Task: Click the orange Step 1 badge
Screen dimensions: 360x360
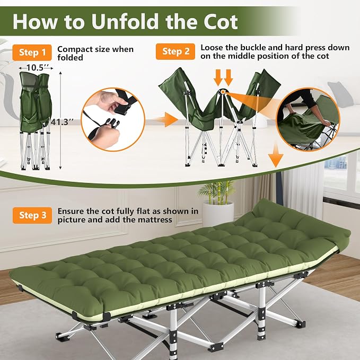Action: (32, 52)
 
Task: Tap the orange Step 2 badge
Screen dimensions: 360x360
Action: (175, 51)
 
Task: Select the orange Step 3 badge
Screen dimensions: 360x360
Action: (32, 215)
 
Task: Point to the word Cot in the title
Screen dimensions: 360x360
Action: (220, 21)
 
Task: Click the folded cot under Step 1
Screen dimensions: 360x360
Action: (36, 121)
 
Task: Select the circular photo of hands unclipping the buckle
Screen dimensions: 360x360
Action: (113, 120)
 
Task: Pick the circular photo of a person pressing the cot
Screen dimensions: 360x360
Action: (308, 119)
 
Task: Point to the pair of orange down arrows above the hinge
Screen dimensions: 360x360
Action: (223, 78)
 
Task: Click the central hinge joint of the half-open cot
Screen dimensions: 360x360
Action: (223, 92)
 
